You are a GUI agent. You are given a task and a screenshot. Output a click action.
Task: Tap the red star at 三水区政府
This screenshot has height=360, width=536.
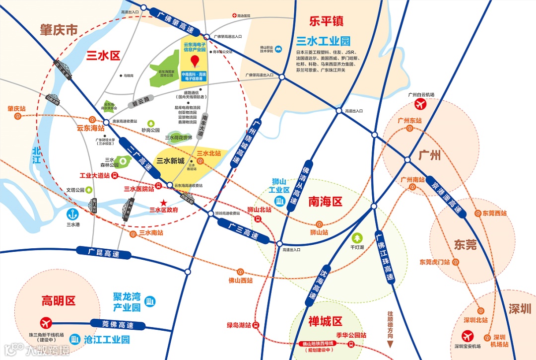click(164, 202)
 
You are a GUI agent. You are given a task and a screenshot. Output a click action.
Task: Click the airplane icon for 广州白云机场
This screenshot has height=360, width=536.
click(420, 104)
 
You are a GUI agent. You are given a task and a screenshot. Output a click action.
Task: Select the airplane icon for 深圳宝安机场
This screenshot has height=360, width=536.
click(467, 336)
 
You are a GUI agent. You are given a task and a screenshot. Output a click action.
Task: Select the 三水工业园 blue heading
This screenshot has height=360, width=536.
click(323, 41)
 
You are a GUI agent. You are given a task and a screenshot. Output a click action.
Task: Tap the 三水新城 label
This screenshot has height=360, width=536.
click(170, 160)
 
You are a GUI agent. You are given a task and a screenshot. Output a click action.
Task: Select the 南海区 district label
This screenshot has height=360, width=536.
click(326, 202)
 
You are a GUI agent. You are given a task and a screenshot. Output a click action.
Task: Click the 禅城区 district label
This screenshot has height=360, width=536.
click(325, 320)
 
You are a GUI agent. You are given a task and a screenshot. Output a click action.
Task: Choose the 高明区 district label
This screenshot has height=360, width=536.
click(58, 300)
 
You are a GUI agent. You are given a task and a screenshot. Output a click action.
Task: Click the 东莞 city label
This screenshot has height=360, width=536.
click(465, 244)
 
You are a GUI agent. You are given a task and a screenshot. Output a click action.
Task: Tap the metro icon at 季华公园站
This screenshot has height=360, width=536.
click(351, 344)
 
